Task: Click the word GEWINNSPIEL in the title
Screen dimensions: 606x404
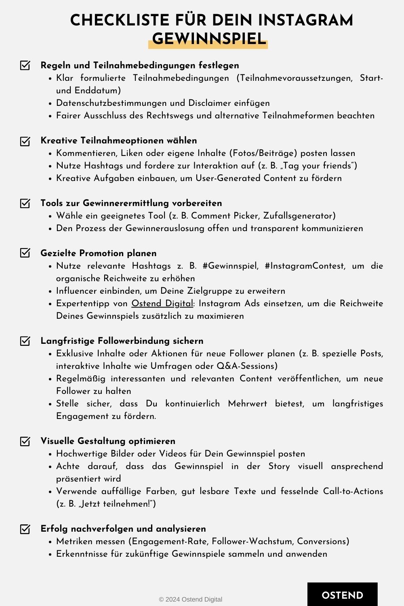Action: click(209, 39)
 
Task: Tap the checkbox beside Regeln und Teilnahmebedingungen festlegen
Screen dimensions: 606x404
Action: click(25, 65)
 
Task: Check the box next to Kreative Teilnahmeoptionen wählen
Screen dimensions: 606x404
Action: click(25, 141)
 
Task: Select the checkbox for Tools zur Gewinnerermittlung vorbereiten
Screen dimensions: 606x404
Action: click(25, 203)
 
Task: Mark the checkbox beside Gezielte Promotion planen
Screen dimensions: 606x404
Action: click(25, 253)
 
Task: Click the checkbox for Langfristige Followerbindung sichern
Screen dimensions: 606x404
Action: click(25, 341)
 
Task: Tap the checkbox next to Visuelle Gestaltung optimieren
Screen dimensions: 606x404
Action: click(25, 441)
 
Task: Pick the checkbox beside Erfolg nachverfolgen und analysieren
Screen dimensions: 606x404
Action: click(25, 529)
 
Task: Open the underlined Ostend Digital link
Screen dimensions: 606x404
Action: click(162, 303)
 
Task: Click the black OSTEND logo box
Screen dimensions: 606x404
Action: click(342, 595)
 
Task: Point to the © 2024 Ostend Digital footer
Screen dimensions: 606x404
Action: click(190, 600)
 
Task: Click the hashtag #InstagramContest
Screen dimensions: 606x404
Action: click(305, 266)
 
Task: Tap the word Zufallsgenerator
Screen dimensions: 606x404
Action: click(299, 216)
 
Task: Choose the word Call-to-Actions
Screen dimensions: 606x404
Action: click(353, 491)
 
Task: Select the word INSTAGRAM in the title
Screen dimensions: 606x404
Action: click(305, 20)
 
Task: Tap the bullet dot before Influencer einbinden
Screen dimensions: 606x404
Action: click(50, 291)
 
